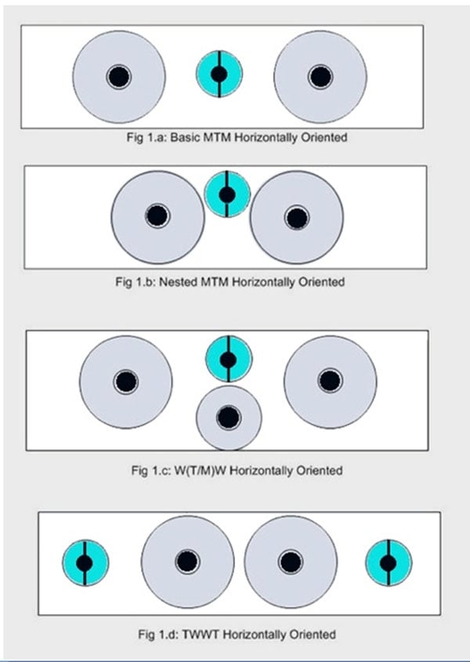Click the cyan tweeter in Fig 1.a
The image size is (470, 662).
pyautogui.click(x=219, y=74)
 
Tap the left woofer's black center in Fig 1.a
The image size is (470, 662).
pyautogui.click(x=119, y=76)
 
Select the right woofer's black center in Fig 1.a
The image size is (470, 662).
pyautogui.click(x=320, y=76)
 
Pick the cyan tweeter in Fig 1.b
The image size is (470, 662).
pyautogui.click(x=227, y=194)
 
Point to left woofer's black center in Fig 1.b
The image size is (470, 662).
pyautogui.click(x=157, y=215)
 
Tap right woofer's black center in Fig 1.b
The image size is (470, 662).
pyautogui.click(x=296, y=217)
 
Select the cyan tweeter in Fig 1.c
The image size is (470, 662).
pyautogui.click(x=228, y=360)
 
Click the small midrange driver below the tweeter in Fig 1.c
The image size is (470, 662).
pyautogui.click(x=228, y=417)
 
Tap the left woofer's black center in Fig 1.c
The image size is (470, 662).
pyautogui.click(x=125, y=382)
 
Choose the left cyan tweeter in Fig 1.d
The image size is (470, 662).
pyautogui.click(x=85, y=563)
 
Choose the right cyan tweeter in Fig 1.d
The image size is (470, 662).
pyautogui.click(x=389, y=563)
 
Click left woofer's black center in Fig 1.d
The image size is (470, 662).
pyautogui.click(x=186, y=562)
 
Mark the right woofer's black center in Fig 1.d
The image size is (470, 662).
pyautogui.click(x=291, y=562)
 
